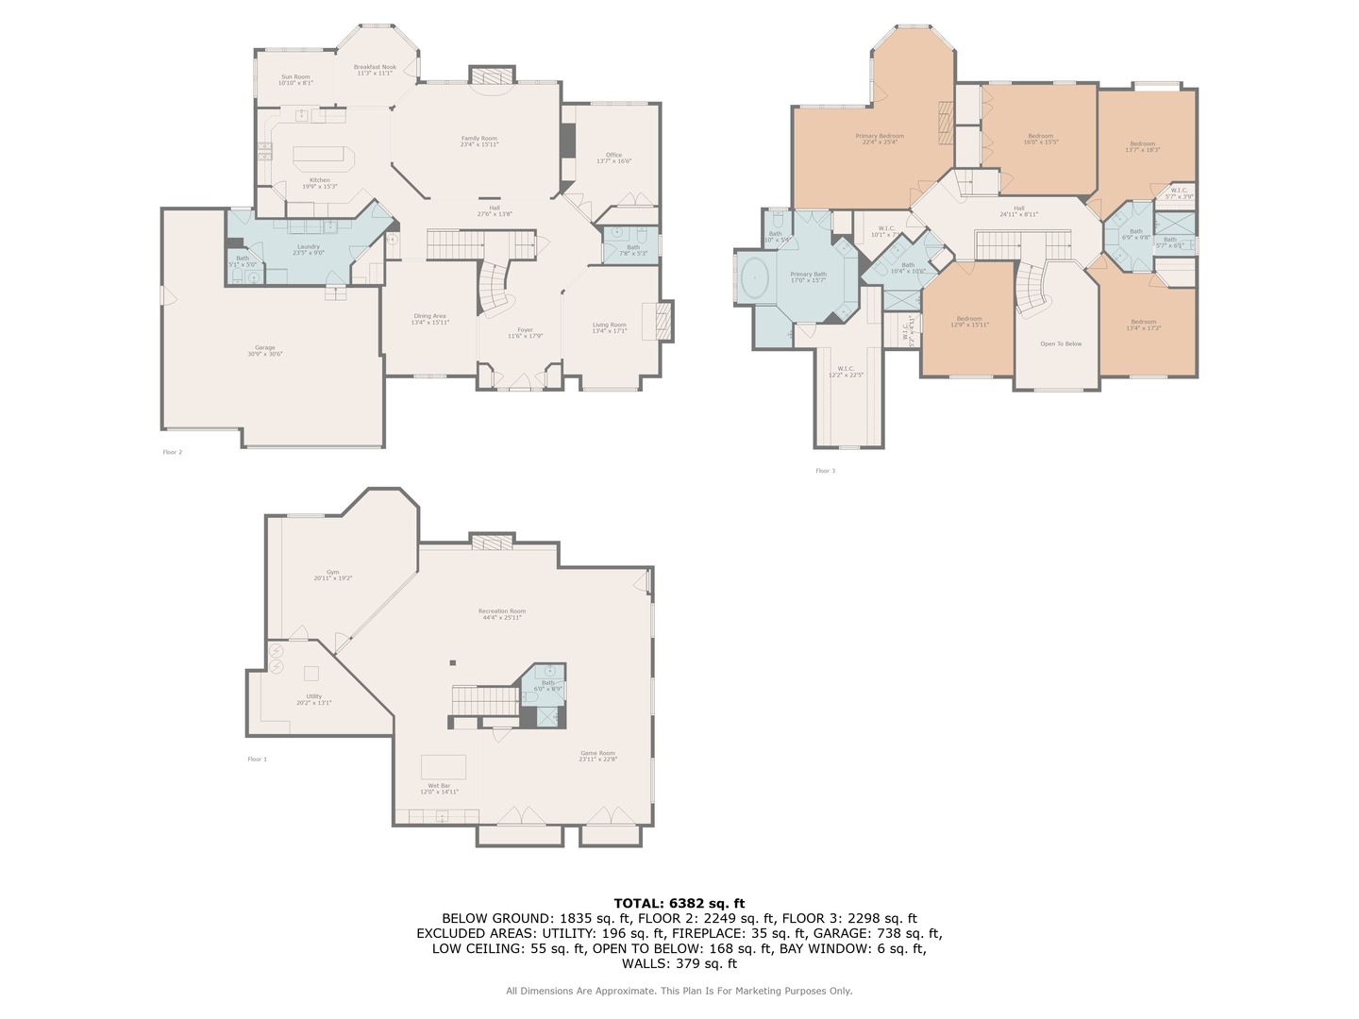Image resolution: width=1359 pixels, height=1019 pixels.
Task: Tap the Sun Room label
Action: click(x=295, y=80)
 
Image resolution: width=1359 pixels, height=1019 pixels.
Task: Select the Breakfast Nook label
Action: click(x=375, y=70)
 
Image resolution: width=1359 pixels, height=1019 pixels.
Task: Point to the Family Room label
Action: click(x=478, y=142)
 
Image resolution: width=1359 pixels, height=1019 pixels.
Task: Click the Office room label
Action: click(x=613, y=158)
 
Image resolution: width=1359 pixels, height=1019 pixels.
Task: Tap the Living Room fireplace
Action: click(x=659, y=321)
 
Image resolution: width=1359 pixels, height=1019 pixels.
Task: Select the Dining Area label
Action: click(x=429, y=319)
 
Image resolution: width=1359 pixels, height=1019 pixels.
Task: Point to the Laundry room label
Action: click(x=309, y=249)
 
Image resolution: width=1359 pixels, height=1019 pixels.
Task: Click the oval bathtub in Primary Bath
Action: click(x=755, y=279)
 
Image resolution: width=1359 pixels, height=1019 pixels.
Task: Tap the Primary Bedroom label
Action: click(x=880, y=139)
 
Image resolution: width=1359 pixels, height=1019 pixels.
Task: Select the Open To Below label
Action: click(x=1061, y=344)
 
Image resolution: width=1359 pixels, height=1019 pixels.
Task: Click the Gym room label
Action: click(x=332, y=575)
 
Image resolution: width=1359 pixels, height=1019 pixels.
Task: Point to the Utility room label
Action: click(x=313, y=699)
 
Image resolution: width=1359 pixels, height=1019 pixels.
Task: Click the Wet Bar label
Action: click(x=439, y=789)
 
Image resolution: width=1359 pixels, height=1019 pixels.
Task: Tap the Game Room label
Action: click(x=597, y=756)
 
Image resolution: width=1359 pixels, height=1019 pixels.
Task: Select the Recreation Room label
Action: click(x=501, y=614)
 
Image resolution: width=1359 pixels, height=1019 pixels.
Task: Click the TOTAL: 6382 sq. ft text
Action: click(x=679, y=903)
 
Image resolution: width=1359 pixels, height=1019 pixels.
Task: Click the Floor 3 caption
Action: click(x=825, y=471)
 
